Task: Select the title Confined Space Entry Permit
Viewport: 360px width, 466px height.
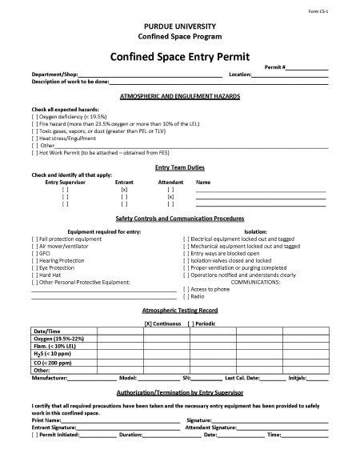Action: click(x=179, y=57)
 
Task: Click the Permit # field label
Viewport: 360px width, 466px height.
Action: click(x=275, y=67)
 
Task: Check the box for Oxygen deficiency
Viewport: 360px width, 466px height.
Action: click(x=34, y=115)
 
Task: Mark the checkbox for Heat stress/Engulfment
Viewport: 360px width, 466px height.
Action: click(x=34, y=138)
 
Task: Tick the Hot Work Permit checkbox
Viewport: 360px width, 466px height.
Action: click(x=34, y=152)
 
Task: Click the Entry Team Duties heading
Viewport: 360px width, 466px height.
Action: click(x=179, y=167)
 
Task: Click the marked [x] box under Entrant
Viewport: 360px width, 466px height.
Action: click(x=124, y=189)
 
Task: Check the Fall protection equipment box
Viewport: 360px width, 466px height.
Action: click(x=34, y=239)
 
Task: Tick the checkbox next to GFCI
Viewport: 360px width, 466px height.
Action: click(x=34, y=253)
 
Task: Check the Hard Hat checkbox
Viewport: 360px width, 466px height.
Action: click(x=34, y=275)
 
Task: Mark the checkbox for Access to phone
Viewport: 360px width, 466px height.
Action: click(x=186, y=289)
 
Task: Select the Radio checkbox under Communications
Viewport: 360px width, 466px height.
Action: click(x=186, y=296)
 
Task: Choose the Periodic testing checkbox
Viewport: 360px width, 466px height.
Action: click(x=190, y=323)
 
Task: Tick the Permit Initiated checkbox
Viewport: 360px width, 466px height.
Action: click(x=34, y=435)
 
